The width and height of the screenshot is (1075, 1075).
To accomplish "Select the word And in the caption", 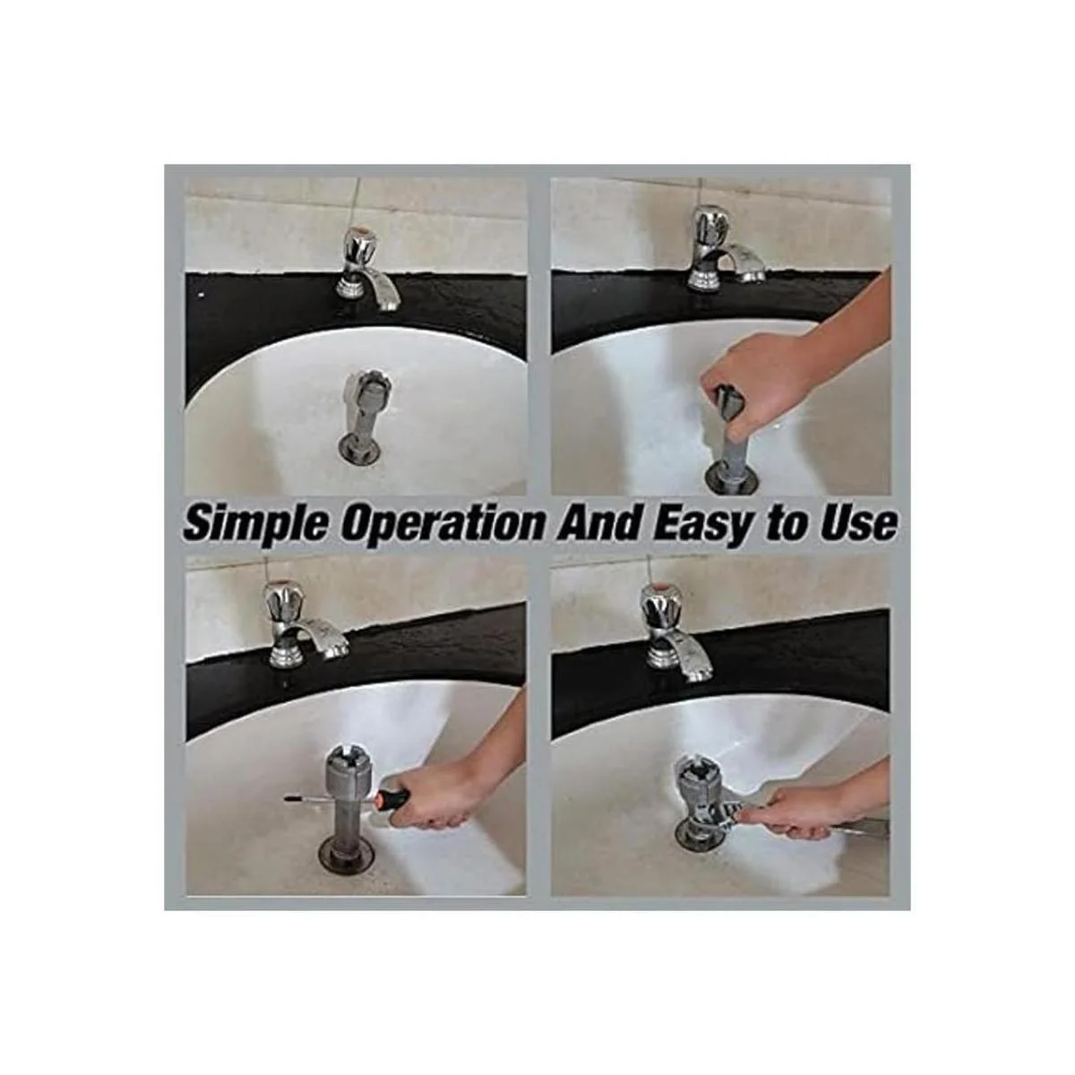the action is pyautogui.click(x=601, y=522).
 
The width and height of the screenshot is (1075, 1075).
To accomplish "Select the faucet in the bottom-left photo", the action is pyautogui.click(x=301, y=626).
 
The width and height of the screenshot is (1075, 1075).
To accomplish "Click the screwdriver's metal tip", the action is pyautogui.click(x=305, y=799).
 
